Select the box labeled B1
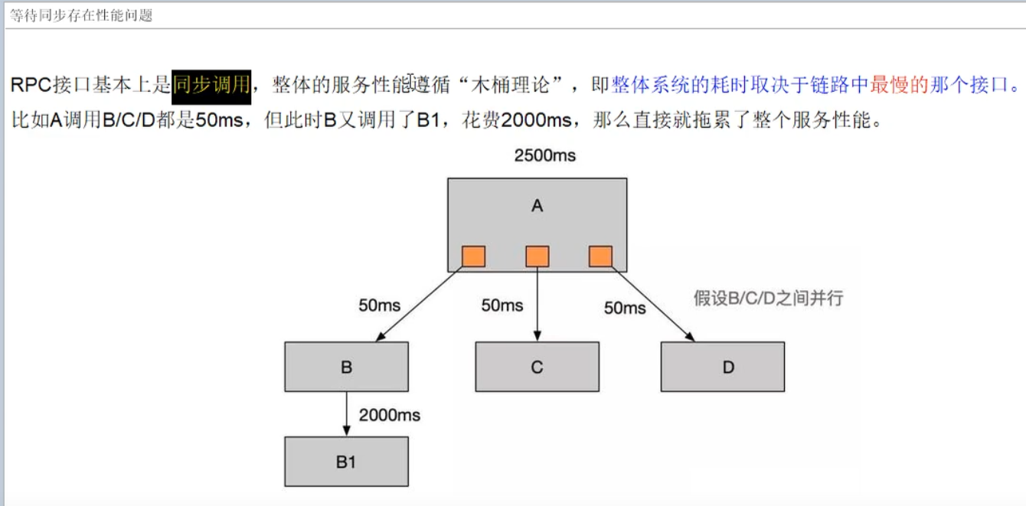pos(346,462)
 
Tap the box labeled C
pos(537,367)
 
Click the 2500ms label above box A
pos(544,156)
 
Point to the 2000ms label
pos(390,415)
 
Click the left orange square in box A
pos(473,256)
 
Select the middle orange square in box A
pos(537,256)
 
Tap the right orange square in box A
pos(600,256)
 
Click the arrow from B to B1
pos(347,413)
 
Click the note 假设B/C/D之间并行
pos(768,298)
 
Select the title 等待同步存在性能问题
pos(81,15)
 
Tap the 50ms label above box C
pos(502,305)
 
